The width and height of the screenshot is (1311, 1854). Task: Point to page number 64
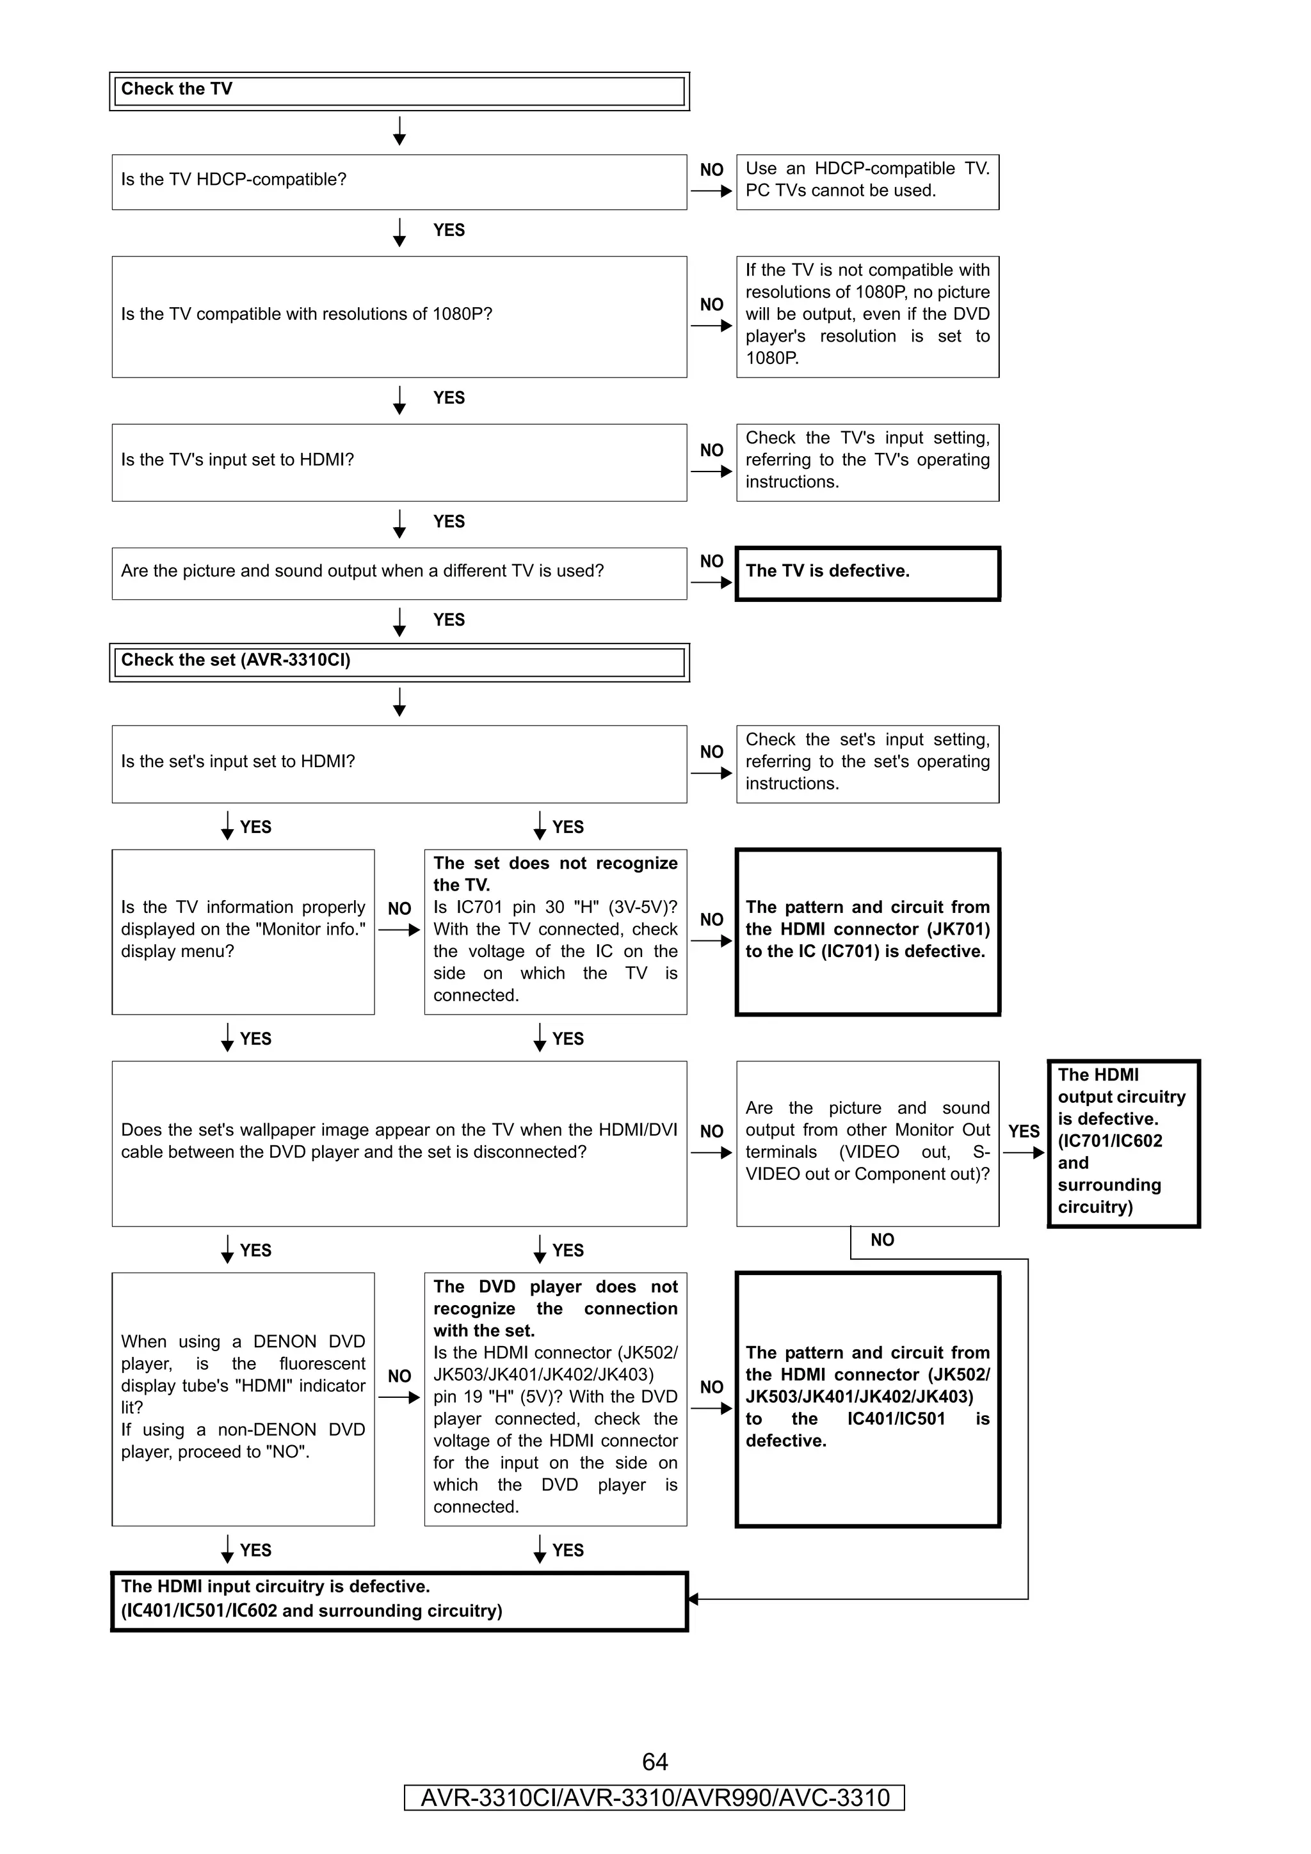(654, 1761)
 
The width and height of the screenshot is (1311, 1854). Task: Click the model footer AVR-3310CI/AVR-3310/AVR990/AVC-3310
(654, 1798)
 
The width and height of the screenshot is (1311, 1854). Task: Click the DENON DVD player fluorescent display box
(243, 1398)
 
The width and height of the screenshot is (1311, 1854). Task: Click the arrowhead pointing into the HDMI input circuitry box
(692, 1598)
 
